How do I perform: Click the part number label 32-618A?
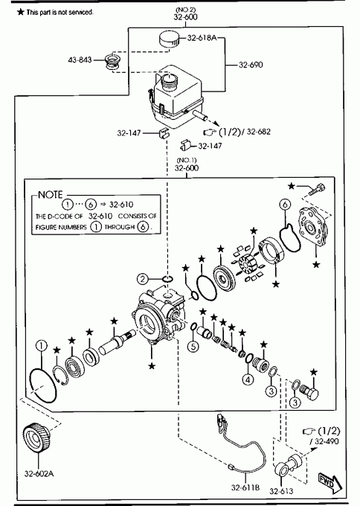click(202, 38)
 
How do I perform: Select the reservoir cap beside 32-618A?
click(169, 39)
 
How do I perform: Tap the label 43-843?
click(80, 60)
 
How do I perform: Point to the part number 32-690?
click(251, 65)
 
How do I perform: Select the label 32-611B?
click(245, 487)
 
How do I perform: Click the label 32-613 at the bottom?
click(281, 491)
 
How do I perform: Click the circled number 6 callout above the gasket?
click(285, 205)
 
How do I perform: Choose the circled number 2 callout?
click(142, 278)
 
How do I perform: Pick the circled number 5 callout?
click(193, 347)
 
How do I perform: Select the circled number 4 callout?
click(248, 379)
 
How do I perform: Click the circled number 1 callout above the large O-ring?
click(42, 345)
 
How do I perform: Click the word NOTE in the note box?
click(51, 195)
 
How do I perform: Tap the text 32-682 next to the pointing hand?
click(259, 132)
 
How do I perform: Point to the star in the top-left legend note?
click(21, 12)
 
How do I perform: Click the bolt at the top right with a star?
click(317, 189)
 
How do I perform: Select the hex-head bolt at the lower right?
click(309, 391)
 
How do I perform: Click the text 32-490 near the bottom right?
click(327, 441)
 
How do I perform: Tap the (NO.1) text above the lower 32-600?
click(187, 161)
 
